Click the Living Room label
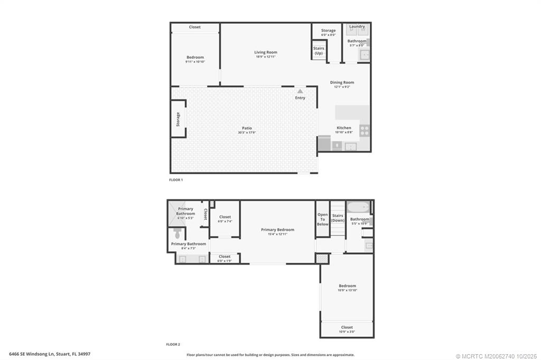pos(265,52)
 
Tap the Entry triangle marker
pos(300,91)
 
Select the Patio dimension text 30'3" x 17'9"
pos(247,132)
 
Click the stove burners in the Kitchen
pos(365,130)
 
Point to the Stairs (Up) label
pos(319,51)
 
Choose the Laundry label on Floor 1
pos(357,26)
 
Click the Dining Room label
pos(342,82)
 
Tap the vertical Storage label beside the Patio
pos(178,119)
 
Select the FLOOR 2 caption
pos(173,344)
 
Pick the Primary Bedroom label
pos(277,230)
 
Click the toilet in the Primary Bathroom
pos(177,233)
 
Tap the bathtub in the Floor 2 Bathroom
pos(359,207)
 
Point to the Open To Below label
pos(322,219)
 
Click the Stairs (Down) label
pos(338,218)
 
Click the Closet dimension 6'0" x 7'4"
pos(225,222)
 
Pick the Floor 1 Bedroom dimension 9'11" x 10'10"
pos(195,62)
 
